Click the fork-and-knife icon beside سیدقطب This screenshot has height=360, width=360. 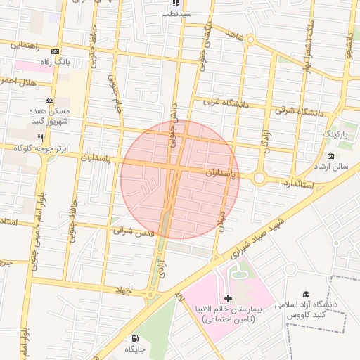(175, 3)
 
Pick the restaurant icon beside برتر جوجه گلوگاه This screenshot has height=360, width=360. (40, 137)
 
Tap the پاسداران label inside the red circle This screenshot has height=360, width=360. (223, 172)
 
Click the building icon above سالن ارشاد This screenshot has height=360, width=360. (331, 155)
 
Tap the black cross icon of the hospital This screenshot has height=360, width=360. (228, 298)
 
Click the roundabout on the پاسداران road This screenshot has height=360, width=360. (260, 178)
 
